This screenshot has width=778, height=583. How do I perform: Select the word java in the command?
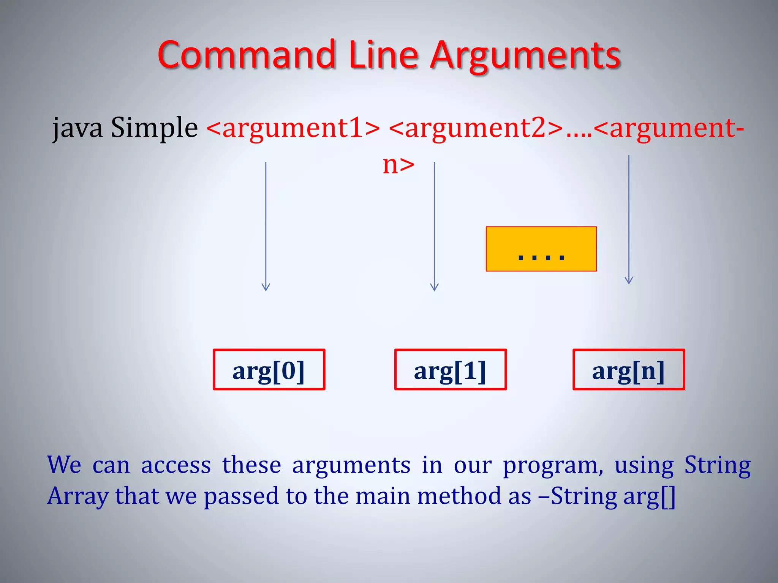point(77,128)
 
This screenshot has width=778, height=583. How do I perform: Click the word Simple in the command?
point(154,128)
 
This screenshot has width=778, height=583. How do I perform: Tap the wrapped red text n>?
point(398,165)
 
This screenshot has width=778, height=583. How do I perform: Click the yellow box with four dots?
point(541,249)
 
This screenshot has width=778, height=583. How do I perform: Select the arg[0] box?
point(269,370)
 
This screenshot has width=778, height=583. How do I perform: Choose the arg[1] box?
point(451,370)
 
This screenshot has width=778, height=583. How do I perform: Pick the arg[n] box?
point(629,370)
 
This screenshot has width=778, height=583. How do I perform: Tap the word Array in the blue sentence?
point(77,496)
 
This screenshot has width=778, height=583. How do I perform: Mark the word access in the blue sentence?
point(176,465)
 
